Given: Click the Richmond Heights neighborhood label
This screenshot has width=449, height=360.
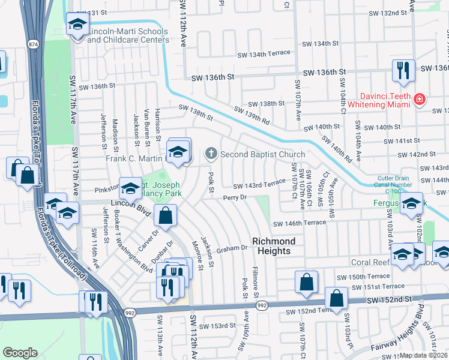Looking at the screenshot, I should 274,246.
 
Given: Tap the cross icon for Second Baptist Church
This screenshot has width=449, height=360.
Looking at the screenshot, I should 211,154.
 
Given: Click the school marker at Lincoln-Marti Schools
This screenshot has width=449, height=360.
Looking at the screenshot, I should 77,25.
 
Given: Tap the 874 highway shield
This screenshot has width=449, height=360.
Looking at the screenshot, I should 32,44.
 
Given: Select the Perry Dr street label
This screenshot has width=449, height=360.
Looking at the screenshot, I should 235,197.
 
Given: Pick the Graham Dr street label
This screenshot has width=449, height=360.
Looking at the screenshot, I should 232,248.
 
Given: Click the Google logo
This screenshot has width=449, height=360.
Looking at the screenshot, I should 20,353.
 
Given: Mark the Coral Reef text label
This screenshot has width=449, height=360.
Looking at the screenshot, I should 370,263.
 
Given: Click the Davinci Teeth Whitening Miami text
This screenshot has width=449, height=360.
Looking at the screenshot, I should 385,101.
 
